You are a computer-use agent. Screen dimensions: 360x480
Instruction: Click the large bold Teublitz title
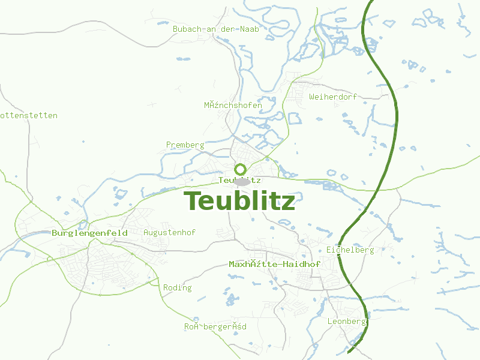point(239,201)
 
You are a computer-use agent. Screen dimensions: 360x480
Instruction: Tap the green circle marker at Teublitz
point(241,169)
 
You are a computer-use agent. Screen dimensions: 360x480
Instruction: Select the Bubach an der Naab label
point(215,29)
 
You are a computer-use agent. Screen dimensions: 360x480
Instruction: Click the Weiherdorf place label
point(332,97)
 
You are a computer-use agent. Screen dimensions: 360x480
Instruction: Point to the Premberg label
point(185,145)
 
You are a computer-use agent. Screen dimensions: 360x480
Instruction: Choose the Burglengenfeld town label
point(89,233)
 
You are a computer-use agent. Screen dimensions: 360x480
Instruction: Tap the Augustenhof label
point(161,232)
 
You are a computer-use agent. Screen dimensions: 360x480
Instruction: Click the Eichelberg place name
point(350,250)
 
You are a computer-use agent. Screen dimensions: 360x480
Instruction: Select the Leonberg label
point(346,322)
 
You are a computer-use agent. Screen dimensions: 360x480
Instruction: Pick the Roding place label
point(177,288)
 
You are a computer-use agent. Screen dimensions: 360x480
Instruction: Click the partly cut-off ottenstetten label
point(29,115)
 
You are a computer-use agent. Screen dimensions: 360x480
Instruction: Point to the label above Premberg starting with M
point(233,106)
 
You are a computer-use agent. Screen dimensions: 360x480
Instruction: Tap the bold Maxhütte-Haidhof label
point(274,264)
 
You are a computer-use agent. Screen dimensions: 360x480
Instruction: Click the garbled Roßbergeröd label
point(215,327)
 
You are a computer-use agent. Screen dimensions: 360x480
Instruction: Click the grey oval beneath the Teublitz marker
point(242,182)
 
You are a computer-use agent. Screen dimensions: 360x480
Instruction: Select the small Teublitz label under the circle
point(239,180)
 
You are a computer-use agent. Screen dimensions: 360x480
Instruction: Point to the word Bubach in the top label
point(185,29)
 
